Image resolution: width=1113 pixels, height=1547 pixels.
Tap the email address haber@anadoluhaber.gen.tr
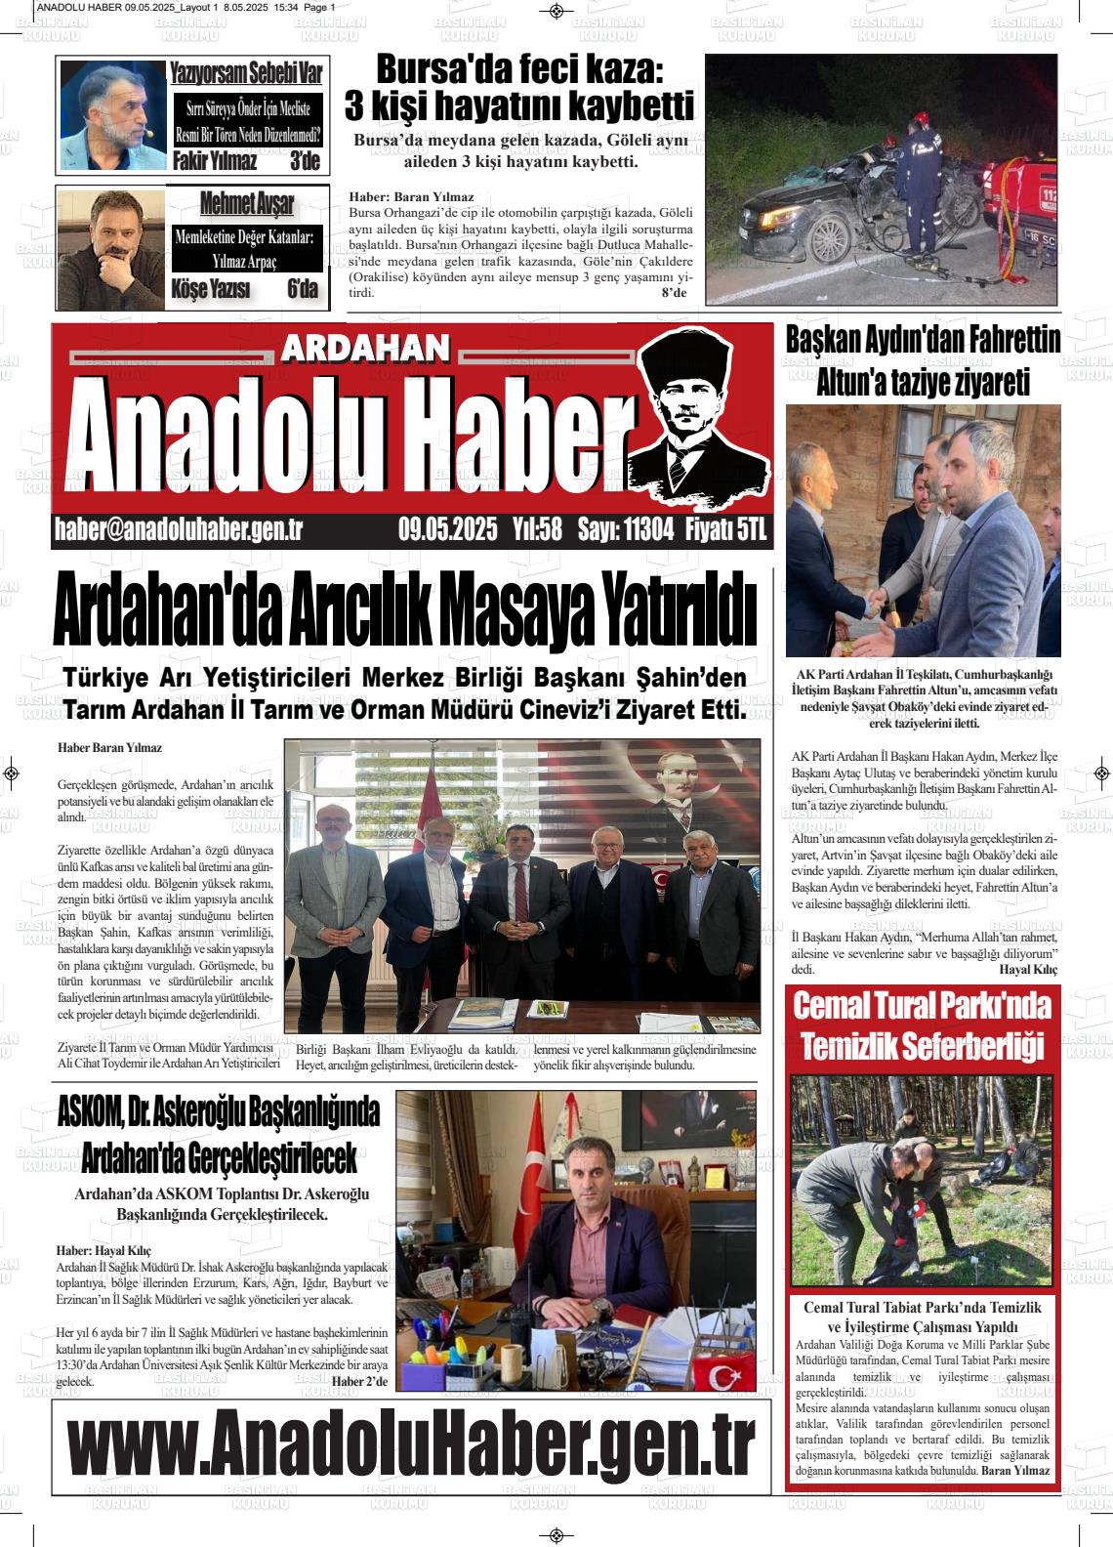[179, 529]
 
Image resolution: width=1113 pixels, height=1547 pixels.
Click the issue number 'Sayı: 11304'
[626, 529]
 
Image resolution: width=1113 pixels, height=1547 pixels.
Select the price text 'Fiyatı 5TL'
[727, 529]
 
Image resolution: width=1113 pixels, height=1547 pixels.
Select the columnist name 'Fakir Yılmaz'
[215, 161]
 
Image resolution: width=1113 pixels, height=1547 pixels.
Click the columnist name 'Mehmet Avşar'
[246, 204]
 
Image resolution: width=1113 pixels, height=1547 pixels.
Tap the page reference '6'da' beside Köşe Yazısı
[303, 289]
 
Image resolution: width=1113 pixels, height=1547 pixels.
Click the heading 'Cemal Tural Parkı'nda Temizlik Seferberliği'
[922, 1024]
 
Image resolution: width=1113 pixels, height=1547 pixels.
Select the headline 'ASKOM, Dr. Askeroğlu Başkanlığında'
[219, 1110]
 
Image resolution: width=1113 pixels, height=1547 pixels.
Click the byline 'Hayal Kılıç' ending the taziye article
[1028, 970]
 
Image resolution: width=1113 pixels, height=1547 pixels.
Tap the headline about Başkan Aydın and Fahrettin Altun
[923, 361]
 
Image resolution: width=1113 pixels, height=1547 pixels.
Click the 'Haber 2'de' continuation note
[359, 1381]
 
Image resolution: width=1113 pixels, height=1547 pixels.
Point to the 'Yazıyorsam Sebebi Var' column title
[245, 71]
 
